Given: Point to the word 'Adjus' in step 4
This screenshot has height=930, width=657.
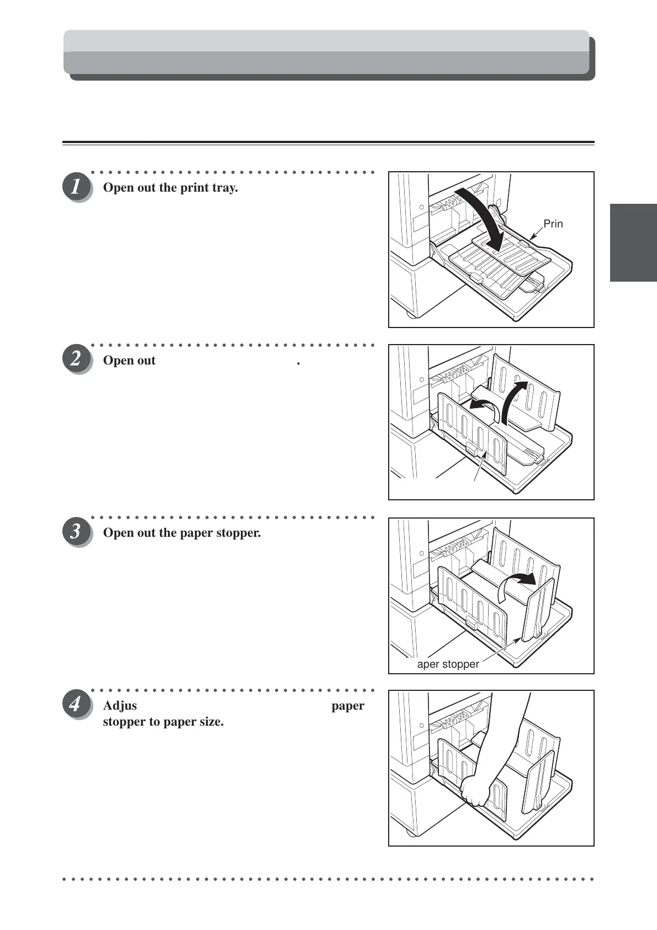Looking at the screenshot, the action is click(120, 706).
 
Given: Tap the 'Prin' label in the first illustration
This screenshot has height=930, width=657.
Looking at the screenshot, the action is click(553, 224).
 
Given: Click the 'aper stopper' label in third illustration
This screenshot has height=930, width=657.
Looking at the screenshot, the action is click(448, 664).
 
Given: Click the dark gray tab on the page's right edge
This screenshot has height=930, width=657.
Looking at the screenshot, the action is click(633, 242).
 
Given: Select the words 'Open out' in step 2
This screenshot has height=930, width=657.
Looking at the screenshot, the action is click(129, 361).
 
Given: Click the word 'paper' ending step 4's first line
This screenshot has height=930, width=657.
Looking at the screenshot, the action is click(347, 706).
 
